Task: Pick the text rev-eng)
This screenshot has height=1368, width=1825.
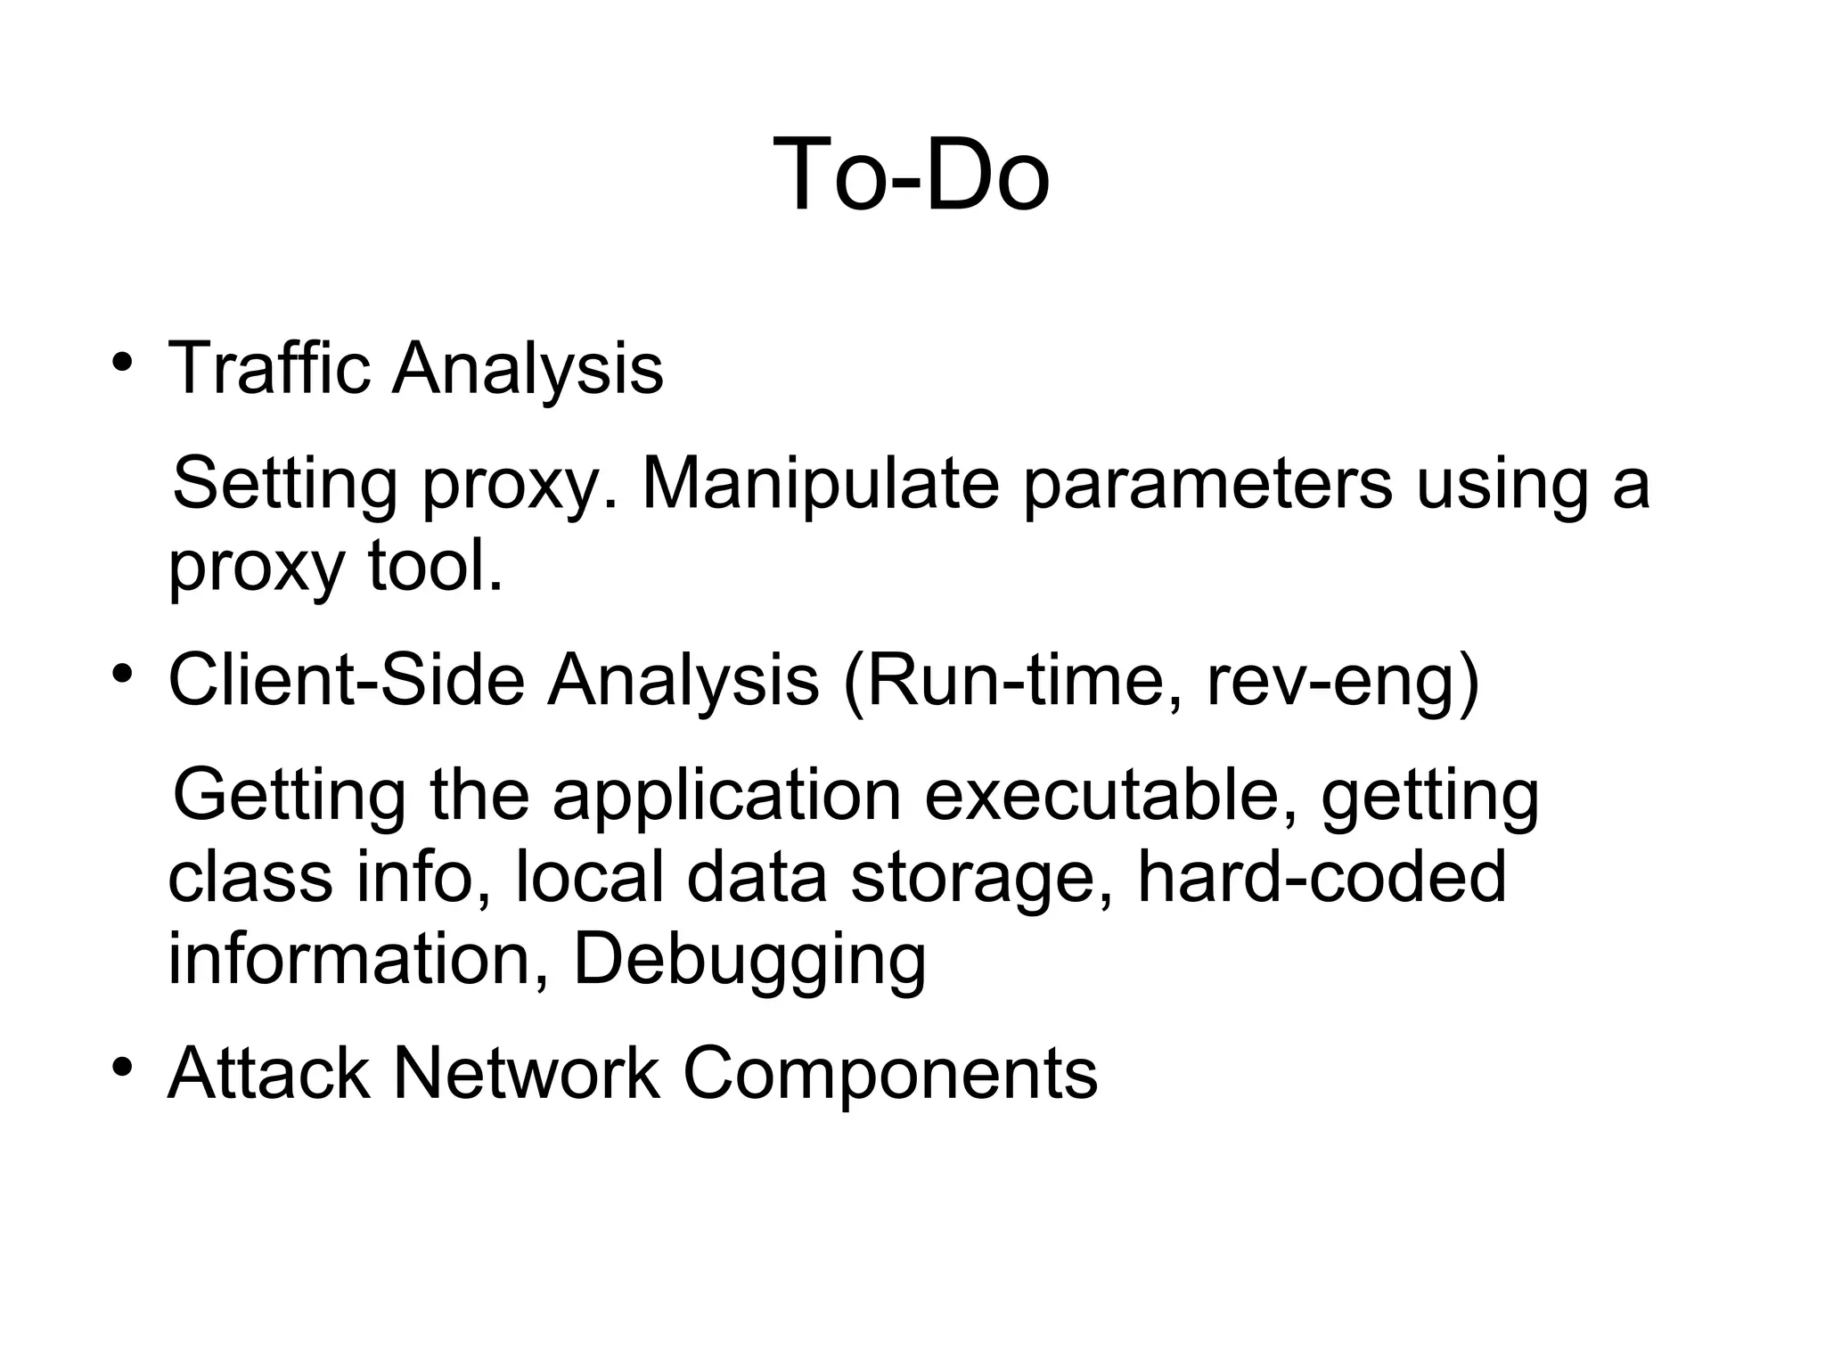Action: point(1342,680)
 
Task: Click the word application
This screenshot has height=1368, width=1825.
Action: point(726,796)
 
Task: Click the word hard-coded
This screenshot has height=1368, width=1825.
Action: point(1322,877)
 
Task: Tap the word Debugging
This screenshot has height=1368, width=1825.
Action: point(749,960)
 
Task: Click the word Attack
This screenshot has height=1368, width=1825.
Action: point(268,1073)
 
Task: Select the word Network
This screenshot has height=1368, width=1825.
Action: point(526,1073)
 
